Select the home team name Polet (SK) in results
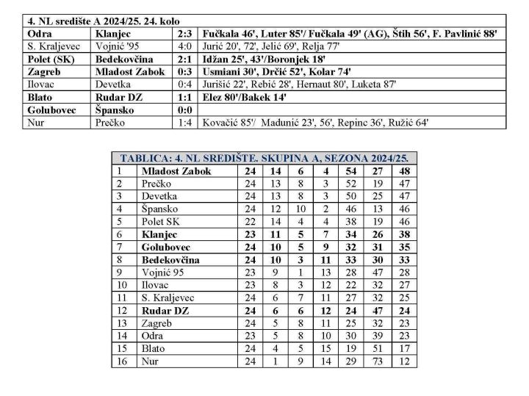pyautogui.click(x=48, y=58)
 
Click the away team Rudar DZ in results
pyautogui.click(x=118, y=96)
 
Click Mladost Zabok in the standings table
pyautogui.click(x=176, y=171)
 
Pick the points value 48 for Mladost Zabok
pyautogui.click(x=403, y=171)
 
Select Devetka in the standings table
pyautogui.click(x=161, y=196)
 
